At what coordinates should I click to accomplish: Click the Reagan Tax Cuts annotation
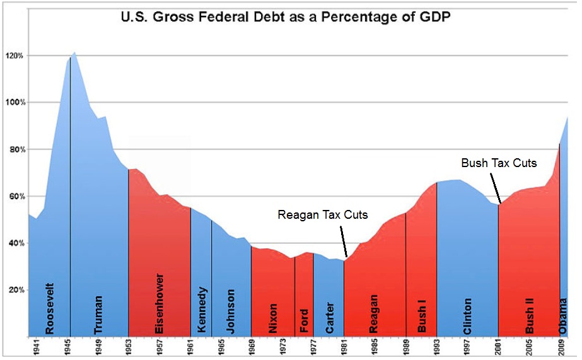(322, 215)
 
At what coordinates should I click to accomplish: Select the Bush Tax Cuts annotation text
(499, 163)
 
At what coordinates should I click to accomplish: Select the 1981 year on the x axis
(344, 347)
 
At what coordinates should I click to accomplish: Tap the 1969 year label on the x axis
(251, 347)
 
